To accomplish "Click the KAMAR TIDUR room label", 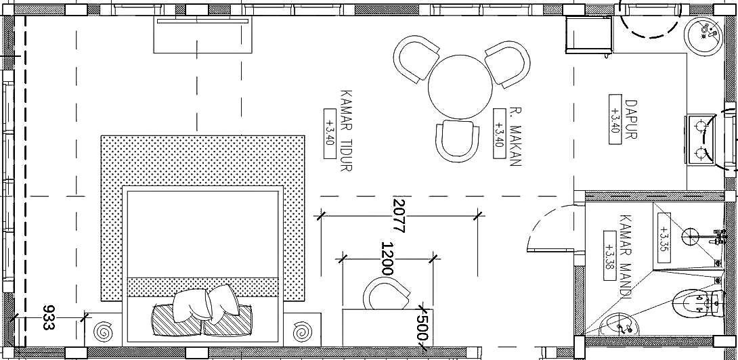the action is click(346, 131).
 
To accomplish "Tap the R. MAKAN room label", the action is click(516, 137).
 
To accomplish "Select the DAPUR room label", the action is click(631, 119).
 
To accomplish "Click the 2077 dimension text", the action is click(399, 216).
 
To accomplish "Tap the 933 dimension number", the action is click(49, 317).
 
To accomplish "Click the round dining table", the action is click(460, 87).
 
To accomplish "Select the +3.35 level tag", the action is click(664, 239).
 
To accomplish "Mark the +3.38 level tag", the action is click(611, 256).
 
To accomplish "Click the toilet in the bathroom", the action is click(699, 305).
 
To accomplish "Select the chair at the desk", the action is click(386, 294).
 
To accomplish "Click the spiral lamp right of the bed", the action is click(301, 332).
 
